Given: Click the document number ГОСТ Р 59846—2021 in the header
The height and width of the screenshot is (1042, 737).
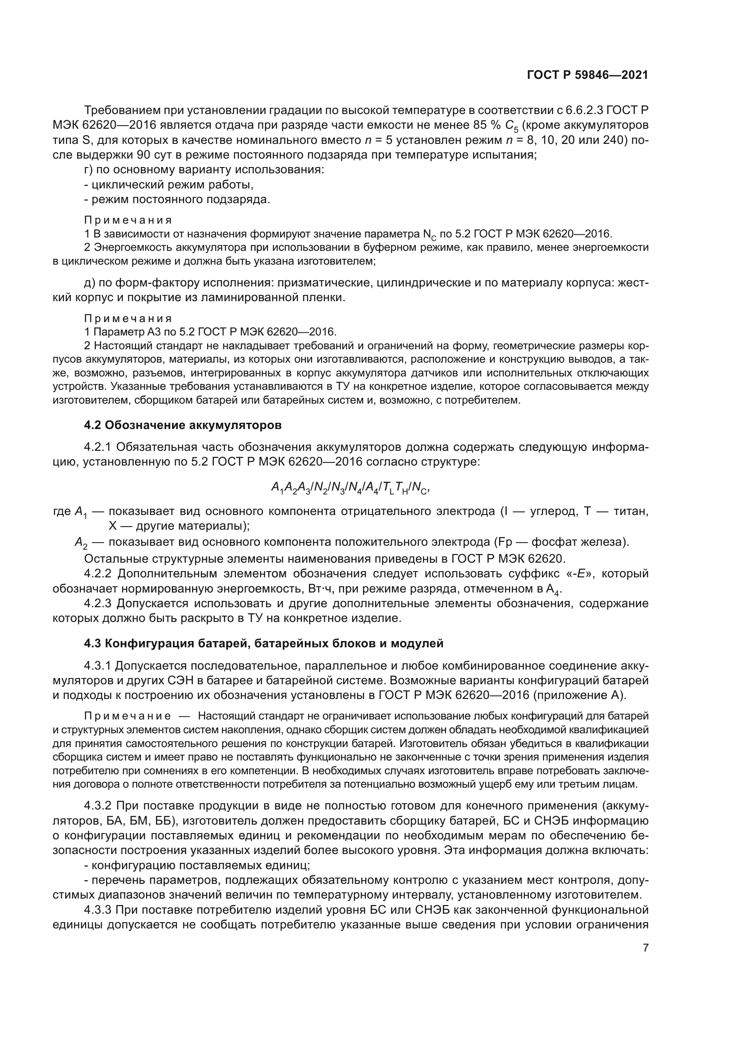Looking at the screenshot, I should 587,75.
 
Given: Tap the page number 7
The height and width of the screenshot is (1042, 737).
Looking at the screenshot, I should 645,947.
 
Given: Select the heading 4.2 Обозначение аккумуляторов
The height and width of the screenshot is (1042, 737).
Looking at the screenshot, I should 182,425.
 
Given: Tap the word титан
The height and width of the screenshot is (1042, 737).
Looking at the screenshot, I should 631,511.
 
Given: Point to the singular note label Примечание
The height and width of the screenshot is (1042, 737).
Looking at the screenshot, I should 128,716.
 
